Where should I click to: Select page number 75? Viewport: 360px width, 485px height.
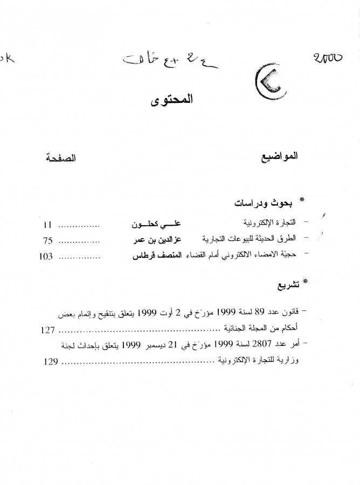pos(47,238)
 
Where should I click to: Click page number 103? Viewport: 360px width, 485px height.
pos(46,256)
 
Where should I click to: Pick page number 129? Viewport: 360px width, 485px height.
pos(49,362)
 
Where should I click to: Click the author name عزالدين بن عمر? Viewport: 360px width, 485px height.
pos(163,238)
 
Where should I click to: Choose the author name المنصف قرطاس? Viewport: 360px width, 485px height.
pos(156,256)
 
